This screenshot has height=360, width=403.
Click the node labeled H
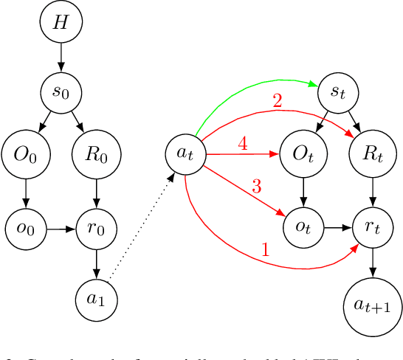(x=60, y=22)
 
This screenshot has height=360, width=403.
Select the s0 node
(x=60, y=94)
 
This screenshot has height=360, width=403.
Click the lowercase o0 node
(x=25, y=230)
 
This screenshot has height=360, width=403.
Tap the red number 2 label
(x=278, y=103)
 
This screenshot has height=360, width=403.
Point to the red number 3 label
(x=256, y=187)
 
